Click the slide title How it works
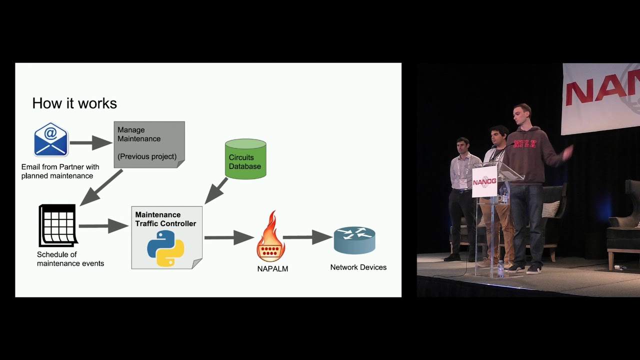[x=74, y=103]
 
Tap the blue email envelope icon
[x=51, y=139]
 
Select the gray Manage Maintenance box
[x=149, y=144]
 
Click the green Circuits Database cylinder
[x=245, y=159]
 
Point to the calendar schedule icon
[x=58, y=225]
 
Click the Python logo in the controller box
[x=165, y=248]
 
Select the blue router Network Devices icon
[x=354, y=240]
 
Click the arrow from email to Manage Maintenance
[x=91, y=143]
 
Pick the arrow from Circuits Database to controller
[x=216, y=190]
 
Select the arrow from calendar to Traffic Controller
[x=103, y=226]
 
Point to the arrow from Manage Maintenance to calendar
[x=101, y=187]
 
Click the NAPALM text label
[x=272, y=268]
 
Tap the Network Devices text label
[x=358, y=267]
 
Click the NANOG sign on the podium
[x=484, y=181]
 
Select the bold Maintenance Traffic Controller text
[x=165, y=219]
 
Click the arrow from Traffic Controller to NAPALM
[x=229, y=237]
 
